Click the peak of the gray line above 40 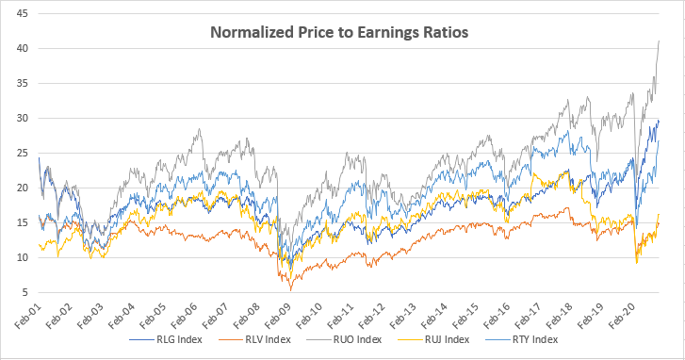[658, 41]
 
